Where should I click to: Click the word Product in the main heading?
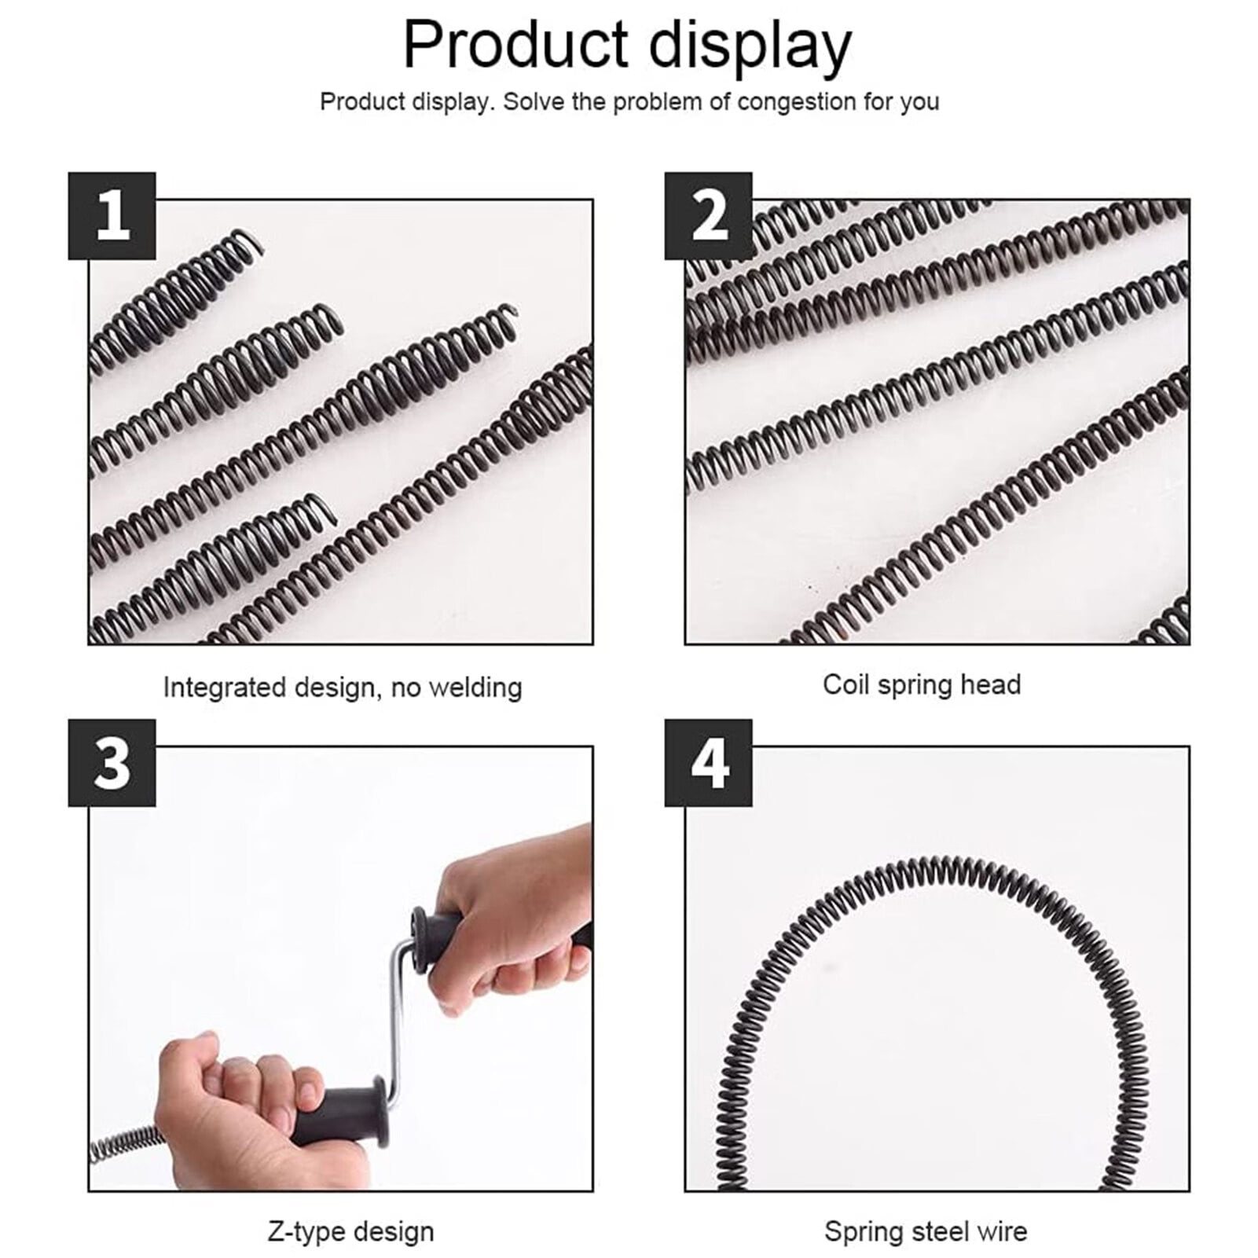pyautogui.click(x=515, y=46)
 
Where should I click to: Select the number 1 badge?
pyautogui.click(x=112, y=216)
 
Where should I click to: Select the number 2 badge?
pyautogui.click(x=709, y=216)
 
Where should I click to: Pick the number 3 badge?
pyautogui.click(x=112, y=763)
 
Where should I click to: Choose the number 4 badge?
pyautogui.click(x=709, y=763)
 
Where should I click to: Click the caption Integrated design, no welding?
pyautogui.click(x=342, y=688)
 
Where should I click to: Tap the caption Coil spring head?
pyautogui.click(x=922, y=684)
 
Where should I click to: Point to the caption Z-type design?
pyautogui.click(x=350, y=1231)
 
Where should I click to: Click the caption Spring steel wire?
pyautogui.click(x=925, y=1231)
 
